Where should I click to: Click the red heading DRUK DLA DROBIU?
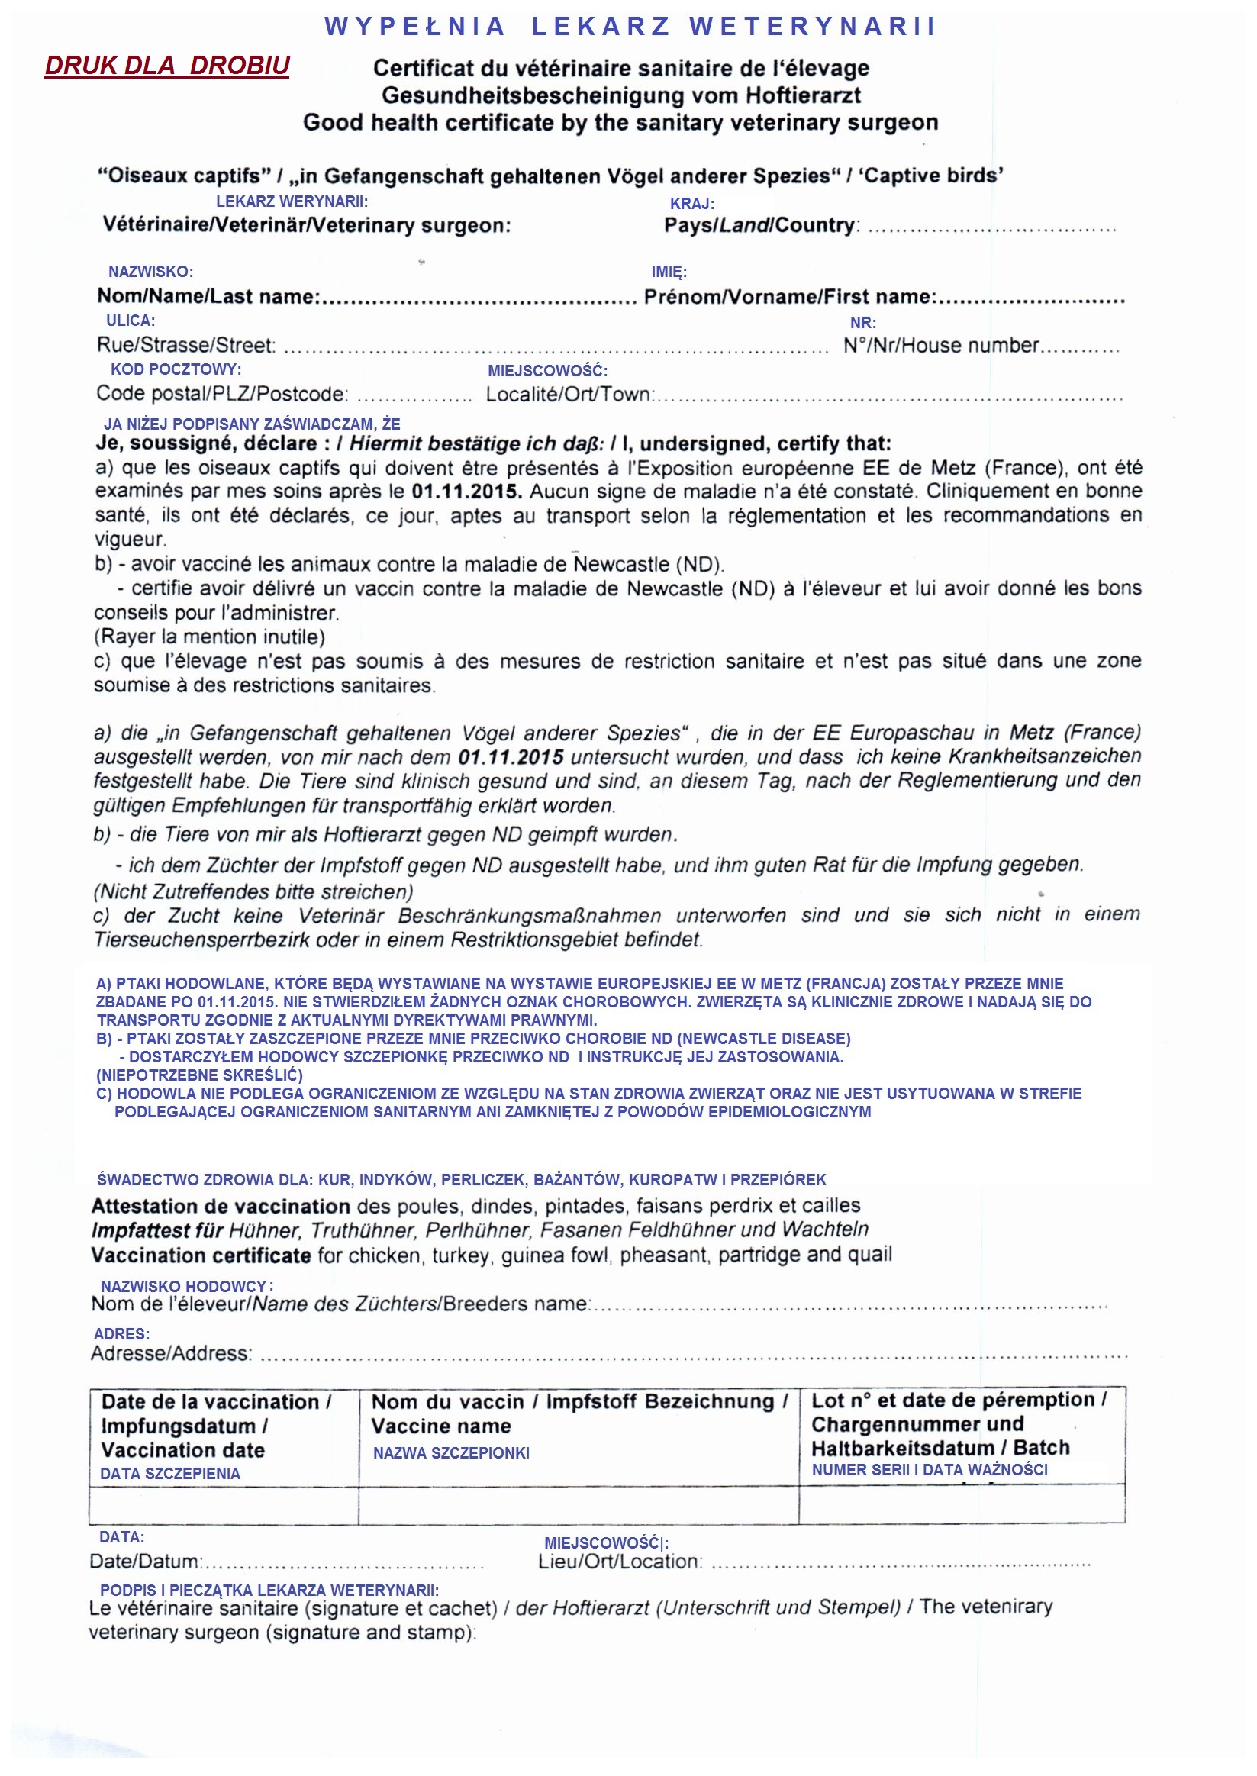pos(167,66)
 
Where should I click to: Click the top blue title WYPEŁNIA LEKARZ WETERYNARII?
pos(630,26)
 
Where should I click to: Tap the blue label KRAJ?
pos(692,204)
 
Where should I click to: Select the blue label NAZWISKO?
pos(150,272)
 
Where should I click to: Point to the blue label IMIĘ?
pos(669,272)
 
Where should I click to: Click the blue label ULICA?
pos(130,321)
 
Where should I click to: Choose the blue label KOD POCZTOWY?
pos(176,369)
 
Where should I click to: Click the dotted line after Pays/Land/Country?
pos(991,229)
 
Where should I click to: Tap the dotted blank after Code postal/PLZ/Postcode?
pos(414,398)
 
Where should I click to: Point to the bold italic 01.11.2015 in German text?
pos(511,757)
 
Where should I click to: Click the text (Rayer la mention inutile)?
pos(210,637)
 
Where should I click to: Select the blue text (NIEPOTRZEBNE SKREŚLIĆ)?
pos(199,1075)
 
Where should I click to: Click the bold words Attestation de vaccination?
pos(221,1206)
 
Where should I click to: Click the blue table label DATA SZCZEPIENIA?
pos(170,1474)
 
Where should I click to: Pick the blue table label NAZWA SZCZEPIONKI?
pos(451,1452)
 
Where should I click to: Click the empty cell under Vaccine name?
pos(579,1505)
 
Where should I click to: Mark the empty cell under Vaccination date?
pos(224,1505)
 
